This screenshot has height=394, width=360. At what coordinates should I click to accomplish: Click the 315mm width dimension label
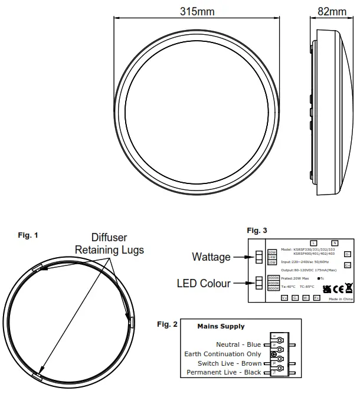[197, 11]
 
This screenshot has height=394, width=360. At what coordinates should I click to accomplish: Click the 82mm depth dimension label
[332, 11]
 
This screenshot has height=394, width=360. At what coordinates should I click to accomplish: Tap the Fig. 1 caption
[28, 235]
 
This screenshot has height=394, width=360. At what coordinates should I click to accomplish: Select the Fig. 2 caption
[167, 324]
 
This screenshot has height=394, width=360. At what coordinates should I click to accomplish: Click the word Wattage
[211, 257]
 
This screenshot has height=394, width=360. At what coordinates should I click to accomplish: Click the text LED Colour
[204, 284]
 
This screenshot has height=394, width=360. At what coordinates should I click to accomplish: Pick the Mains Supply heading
[221, 326]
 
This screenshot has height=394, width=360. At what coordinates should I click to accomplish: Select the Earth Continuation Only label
[222, 354]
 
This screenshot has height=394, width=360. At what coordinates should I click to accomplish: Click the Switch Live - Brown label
[230, 363]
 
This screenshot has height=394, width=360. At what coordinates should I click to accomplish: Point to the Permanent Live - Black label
[224, 373]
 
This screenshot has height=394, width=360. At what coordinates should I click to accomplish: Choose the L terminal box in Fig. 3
[313, 243]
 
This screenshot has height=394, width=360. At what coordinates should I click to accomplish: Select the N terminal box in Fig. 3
[334, 243]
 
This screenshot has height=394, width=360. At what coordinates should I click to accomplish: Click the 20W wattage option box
[271, 252]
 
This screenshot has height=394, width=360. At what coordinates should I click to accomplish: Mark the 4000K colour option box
[273, 284]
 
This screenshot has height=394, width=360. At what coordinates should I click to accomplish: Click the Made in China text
[341, 300]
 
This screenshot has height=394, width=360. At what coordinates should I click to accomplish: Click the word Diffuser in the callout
[109, 238]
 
